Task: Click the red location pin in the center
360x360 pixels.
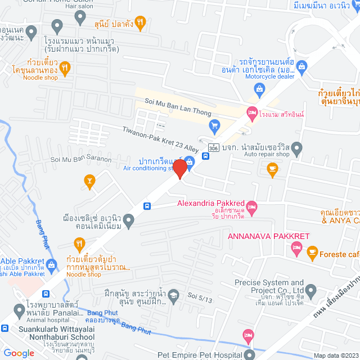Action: click(179, 168)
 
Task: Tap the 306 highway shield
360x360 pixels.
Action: click(213, 147)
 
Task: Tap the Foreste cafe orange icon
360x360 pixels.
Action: click(313, 254)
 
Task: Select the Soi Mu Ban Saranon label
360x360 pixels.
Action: click(81, 160)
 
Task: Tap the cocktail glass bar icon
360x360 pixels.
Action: click(89, 180)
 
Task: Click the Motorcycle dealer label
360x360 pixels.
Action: click(269, 76)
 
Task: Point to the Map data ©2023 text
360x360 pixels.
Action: click(336, 355)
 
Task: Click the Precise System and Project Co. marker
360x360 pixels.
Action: click(310, 291)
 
